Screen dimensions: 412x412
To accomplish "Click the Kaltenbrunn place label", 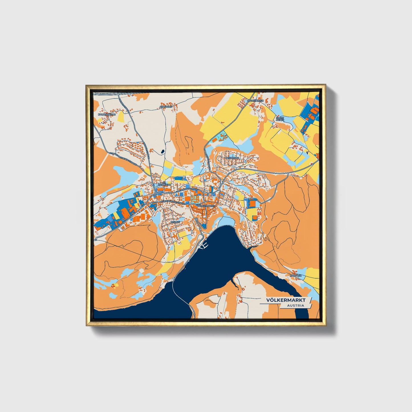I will point(105,114).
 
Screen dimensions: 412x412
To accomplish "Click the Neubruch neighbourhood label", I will point(232,158).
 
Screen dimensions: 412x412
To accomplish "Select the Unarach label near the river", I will point(296,276).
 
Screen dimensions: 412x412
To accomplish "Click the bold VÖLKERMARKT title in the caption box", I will point(286,300).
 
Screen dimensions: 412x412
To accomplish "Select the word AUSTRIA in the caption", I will point(295,305).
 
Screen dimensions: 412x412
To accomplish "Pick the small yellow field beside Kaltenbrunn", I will point(121,117).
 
